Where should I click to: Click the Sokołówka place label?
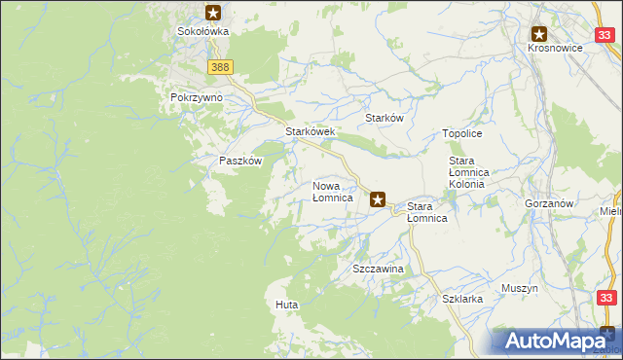(x=202, y=31)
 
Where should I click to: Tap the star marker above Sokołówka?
(x=214, y=13)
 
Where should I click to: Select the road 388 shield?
(x=220, y=66)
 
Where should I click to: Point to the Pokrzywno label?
(x=197, y=98)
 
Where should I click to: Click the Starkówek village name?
(x=310, y=131)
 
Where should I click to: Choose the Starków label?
(x=384, y=117)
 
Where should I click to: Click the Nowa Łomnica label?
(x=332, y=192)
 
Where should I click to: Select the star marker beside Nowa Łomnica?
(x=379, y=200)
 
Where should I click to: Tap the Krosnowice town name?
(x=555, y=48)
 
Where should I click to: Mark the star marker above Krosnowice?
(x=539, y=33)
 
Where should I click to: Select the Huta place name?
(x=286, y=305)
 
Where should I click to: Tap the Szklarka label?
(x=462, y=300)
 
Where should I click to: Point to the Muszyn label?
(x=520, y=289)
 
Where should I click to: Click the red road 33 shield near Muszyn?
(x=606, y=299)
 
